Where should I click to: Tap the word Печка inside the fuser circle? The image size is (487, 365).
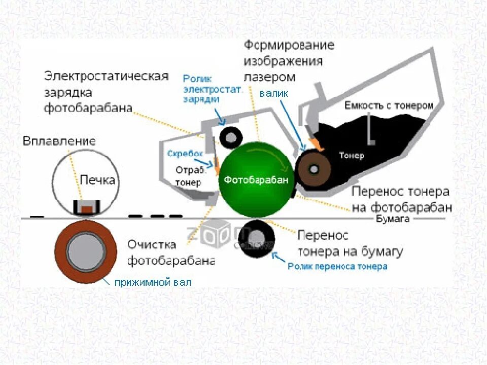click(97, 180)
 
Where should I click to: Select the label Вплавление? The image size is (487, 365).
click(59, 141)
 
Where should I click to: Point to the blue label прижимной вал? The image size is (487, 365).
click(152, 282)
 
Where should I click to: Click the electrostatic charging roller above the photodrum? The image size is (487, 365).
click(231, 136)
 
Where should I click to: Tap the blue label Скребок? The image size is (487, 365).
click(185, 153)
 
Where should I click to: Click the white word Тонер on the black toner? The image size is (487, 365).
click(352, 156)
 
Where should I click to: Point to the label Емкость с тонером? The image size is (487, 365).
click(389, 105)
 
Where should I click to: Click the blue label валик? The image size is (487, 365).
click(274, 93)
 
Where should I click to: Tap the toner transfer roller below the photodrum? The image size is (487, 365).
click(258, 236)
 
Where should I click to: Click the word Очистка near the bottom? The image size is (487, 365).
click(152, 244)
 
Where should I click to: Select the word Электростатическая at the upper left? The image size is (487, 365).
click(106, 77)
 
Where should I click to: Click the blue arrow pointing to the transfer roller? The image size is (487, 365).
click(278, 255)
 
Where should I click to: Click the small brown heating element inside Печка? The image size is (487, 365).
click(86, 208)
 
